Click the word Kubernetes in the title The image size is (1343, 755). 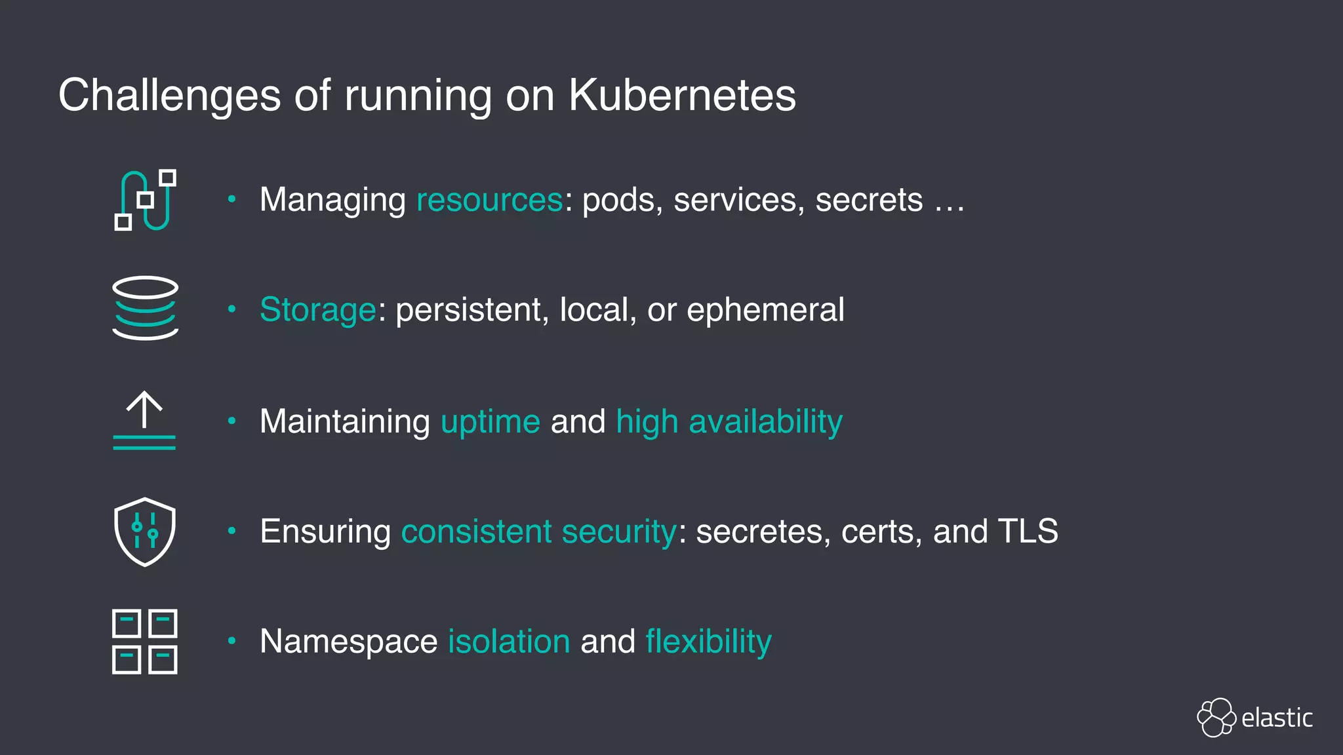click(682, 96)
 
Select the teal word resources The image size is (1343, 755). click(490, 200)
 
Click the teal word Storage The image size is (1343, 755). click(318, 310)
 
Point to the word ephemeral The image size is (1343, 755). click(765, 310)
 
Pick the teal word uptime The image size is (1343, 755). click(491, 421)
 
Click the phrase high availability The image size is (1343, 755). click(729, 421)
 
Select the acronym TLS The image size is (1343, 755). click(1028, 531)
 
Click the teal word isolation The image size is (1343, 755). click(509, 641)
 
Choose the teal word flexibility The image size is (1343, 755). click(708, 641)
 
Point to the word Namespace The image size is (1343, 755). click(348, 641)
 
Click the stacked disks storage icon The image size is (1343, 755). click(145, 308)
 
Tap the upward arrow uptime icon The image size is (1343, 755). click(144, 420)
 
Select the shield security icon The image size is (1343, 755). click(145, 532)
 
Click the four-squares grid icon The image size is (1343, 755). click(145, 642)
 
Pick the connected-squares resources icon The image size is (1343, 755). click(145, 200)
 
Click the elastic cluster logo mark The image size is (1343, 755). click(1216, 718)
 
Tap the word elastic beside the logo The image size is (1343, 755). click(1277, 718)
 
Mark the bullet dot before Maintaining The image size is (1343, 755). click(231, 421)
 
